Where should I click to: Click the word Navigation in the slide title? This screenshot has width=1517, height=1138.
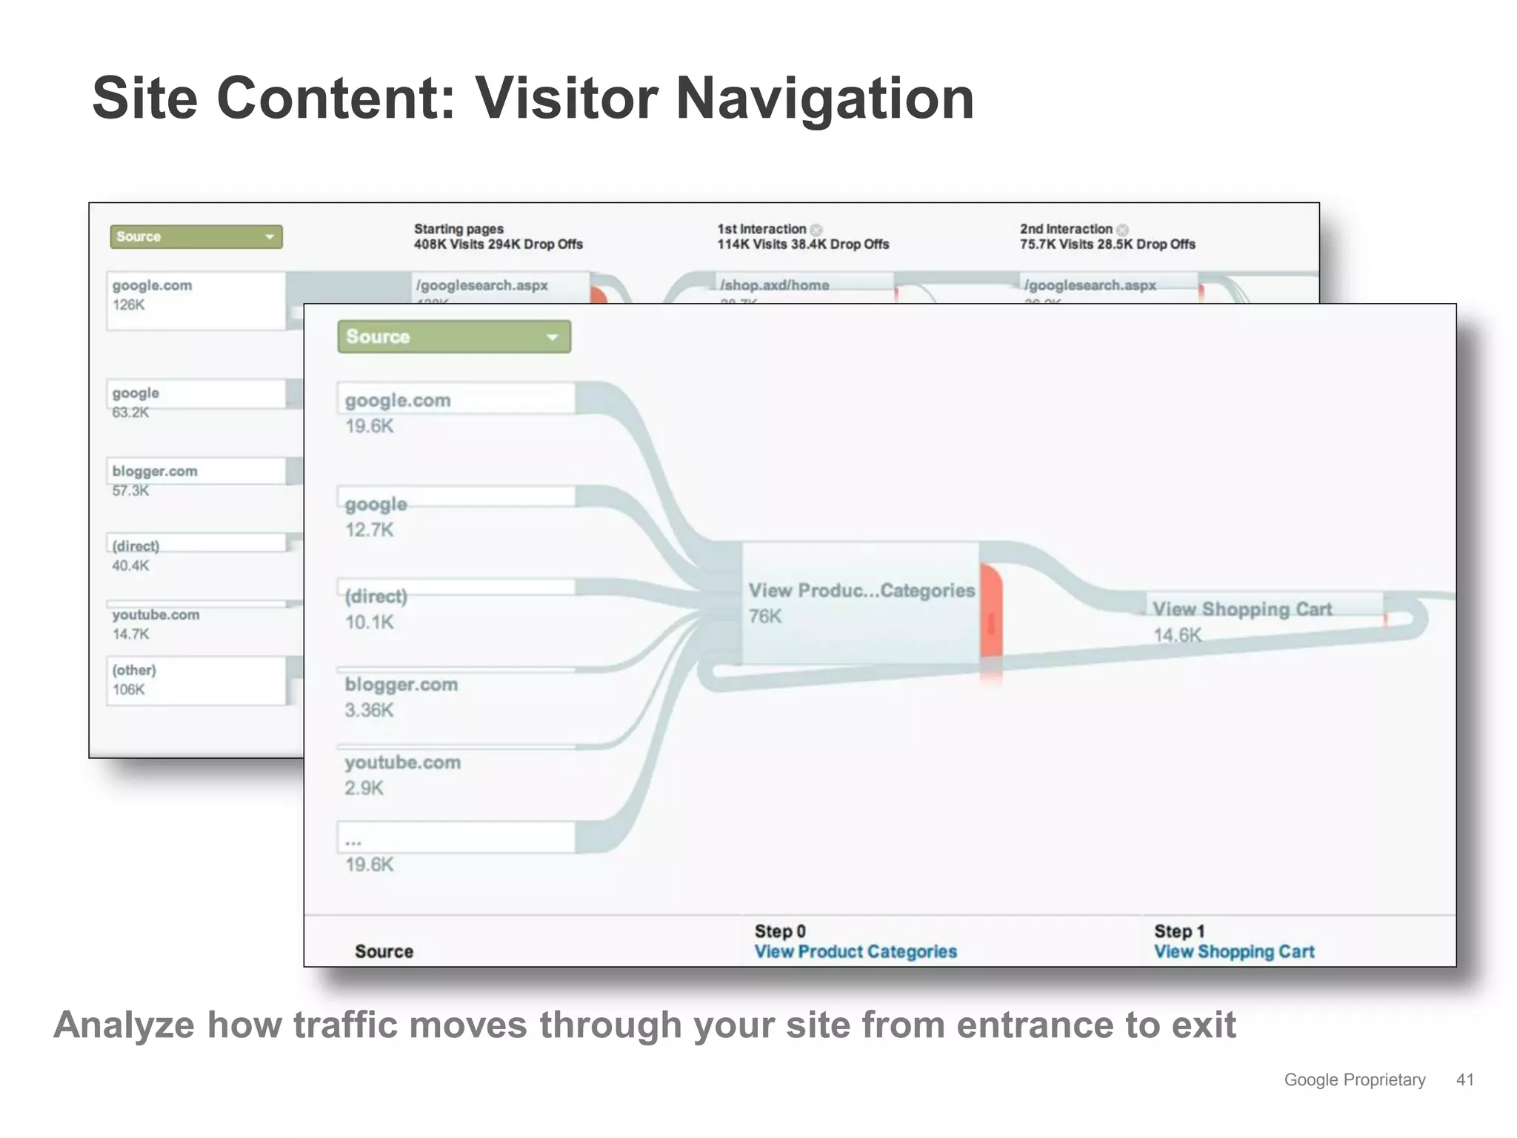coord(824,99)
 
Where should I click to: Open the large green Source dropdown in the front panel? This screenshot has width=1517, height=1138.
coord(453,336)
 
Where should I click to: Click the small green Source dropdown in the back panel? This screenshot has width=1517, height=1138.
coord(196,237)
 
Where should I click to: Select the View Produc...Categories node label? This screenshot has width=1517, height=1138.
coord(861,590)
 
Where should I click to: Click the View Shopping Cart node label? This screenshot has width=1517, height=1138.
coord(1242,609)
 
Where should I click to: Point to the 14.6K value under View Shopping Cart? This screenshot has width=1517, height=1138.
coord(1177,635)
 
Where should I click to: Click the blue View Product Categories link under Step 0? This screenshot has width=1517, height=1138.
coord(856,951)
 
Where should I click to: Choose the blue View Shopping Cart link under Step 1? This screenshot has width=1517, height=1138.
coord(1234,951)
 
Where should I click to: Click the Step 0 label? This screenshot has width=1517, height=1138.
coord(780,931)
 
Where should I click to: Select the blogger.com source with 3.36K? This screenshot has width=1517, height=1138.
coord(401,685)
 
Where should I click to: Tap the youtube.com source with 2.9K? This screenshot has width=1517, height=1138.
coord(402,762)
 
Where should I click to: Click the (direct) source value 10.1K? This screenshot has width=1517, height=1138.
coord(369,622)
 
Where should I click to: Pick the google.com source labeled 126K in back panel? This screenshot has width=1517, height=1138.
coord(152,286)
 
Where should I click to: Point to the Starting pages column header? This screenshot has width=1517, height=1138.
coord(459,229)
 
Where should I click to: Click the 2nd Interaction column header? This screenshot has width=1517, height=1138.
coord(1066,229)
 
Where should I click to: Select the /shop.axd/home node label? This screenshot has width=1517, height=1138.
coord(774,285)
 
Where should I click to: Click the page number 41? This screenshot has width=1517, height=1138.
coord(1464,1079)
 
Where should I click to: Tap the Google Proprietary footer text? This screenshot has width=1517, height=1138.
coord(1354,1079)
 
